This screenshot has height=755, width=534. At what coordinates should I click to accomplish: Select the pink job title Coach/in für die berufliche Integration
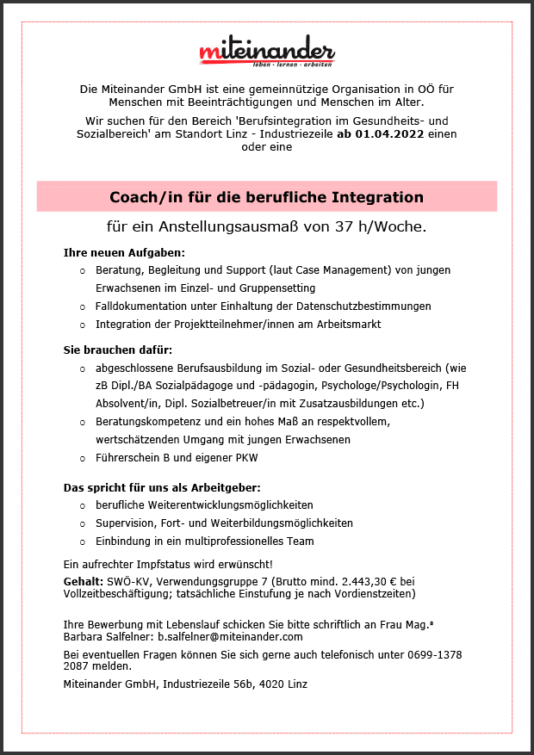click(x=267, y=197)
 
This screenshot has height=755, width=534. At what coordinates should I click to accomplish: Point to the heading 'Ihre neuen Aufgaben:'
click(x=125, y=253)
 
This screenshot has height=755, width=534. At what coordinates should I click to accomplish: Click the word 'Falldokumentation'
click(x=137, y=306)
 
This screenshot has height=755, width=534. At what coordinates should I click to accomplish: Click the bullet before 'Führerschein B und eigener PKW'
click(x=82, y=458)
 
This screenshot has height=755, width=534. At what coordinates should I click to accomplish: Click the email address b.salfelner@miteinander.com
click(x=230, y=637)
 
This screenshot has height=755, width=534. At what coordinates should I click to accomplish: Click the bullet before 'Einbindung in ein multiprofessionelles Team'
click(x=82, y=542)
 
